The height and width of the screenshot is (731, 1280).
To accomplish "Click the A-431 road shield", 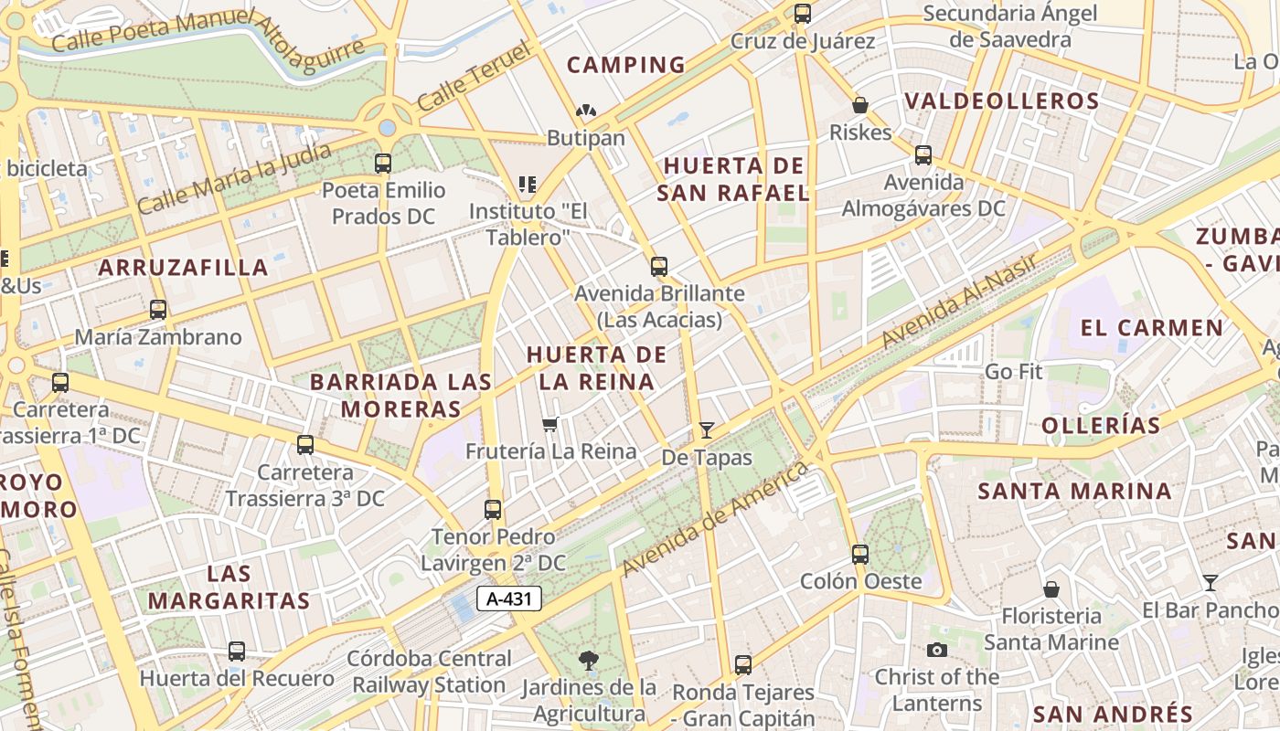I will (x=509, y=599).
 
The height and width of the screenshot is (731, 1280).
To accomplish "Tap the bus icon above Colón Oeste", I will (x=859, y=554).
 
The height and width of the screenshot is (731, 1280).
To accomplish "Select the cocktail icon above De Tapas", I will (x=706, y=429).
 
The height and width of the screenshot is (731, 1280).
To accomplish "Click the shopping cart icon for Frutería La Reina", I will (x=550, y=424).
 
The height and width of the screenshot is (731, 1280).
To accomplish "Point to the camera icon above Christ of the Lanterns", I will (x=936, y=650).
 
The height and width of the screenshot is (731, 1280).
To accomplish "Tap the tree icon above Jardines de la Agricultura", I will (x=588, y=659).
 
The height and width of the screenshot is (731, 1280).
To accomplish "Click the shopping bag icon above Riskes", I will (x=859, y=105).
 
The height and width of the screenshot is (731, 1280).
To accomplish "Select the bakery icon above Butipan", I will (x=585, y=111).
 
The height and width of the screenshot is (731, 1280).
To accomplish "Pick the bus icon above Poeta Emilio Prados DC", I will (x=383, y=164).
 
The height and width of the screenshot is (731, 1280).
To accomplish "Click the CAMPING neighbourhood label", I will (x=626, y=65).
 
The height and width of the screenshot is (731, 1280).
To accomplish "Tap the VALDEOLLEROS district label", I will (x=1001, y=101).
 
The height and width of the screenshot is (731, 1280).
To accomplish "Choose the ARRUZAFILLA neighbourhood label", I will (x=183, y=268).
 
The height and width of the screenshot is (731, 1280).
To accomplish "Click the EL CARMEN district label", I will (x=1151, y=327).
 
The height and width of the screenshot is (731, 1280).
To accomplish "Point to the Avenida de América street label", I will (x=715, y=519).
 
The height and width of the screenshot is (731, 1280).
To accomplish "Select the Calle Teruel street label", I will (x=474, y=77).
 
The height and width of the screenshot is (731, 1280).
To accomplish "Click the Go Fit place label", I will (x=1013, y=372).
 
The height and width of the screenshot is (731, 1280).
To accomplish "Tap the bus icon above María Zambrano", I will (x=158, y=310).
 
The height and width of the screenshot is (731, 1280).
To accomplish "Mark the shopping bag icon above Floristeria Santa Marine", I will (x=1051, y=589).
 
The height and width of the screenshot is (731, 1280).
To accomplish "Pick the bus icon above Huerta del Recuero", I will (x=237, y=652).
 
